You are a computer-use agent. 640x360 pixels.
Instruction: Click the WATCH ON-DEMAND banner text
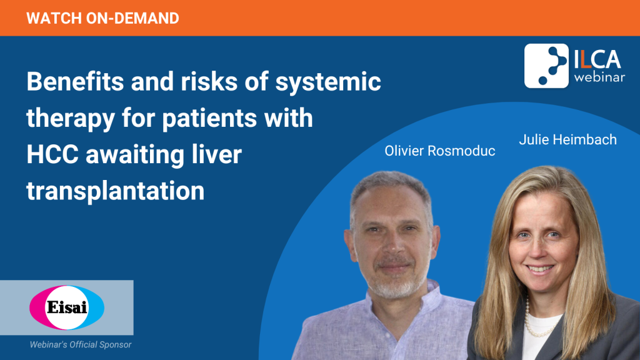click(103, 18)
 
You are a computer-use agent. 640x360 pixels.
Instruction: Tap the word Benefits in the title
click(75, 81)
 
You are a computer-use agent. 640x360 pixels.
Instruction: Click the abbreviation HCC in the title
click(52, 155)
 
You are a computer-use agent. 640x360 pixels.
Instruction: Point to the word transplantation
click(116, 191)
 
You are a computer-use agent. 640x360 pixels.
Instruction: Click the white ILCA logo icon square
click(546, 66)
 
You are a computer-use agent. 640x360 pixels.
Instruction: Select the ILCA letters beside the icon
click(597, 60)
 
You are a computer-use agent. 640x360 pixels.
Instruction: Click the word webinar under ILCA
click(599, 77)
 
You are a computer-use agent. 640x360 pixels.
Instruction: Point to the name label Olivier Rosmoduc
click(439, 151)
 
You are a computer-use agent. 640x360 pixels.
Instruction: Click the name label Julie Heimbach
click(567, 139)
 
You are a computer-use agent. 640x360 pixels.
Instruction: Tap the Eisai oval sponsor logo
click(67, 307)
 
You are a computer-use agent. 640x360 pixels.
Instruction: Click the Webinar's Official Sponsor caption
click(81, 344)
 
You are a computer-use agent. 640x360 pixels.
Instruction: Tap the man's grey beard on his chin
click(392, 284)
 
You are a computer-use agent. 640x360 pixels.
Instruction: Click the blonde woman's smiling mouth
click(539, 269)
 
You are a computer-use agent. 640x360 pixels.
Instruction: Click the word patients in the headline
click(210, 118)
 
